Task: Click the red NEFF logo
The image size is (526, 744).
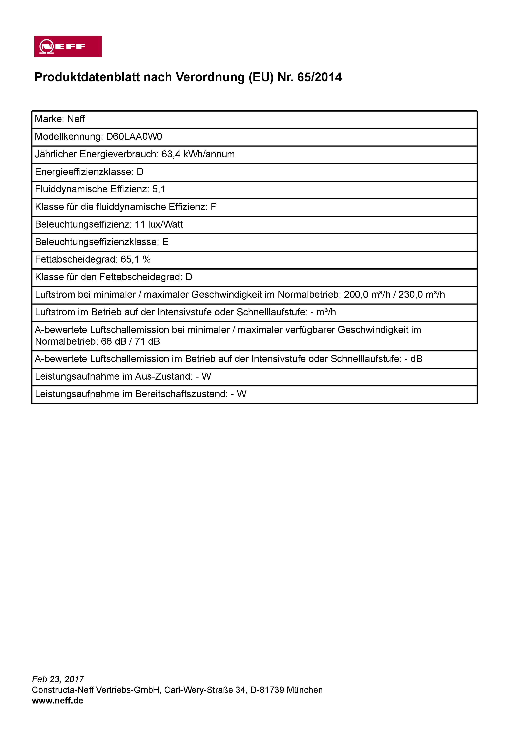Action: coord(68,46)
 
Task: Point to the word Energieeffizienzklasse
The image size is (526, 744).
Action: coord(84,172)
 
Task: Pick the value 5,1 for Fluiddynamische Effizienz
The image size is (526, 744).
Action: coord(159,189)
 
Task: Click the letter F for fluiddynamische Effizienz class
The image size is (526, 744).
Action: coord(213,207)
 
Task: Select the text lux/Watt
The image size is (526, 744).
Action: coord(165,224)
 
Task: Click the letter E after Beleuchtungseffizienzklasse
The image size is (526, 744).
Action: coord(165,242)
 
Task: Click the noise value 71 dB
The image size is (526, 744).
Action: coord(147,341)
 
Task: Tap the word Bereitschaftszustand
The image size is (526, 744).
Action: coord(181,394)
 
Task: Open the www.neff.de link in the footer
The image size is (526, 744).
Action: coord(57,701)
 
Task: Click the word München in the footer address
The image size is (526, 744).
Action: coord(305,690)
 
